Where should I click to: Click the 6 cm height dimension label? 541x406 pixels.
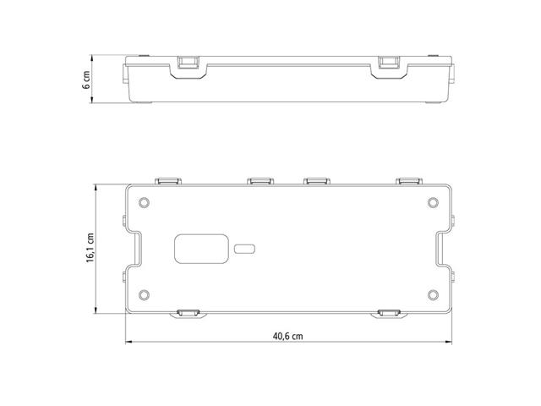click(86, 80)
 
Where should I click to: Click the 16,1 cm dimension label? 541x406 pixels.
click(90, 248)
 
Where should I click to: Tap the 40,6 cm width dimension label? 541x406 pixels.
click(287, 336)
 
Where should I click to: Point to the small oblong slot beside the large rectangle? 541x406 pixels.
click(244, 249)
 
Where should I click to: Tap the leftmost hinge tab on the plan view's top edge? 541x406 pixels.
click(168, 181)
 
